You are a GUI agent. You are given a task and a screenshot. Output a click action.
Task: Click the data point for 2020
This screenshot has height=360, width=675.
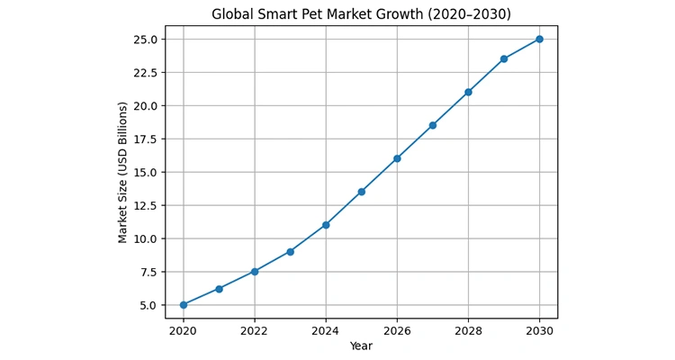click(184, 305)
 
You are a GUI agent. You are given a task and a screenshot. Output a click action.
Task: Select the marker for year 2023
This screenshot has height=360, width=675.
click(290, 252)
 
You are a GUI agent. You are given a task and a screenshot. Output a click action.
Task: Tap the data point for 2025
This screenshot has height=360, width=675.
click(362, 192)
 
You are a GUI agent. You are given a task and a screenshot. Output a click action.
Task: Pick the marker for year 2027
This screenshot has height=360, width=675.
click(433, 125)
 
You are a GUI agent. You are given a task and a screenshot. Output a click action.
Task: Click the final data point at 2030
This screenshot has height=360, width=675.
click(540, 39)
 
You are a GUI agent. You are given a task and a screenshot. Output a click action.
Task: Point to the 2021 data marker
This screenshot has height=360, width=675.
click(219, 289)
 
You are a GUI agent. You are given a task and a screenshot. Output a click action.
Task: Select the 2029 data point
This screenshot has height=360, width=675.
click(504, 58)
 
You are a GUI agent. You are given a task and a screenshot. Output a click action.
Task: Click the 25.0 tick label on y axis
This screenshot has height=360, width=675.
click(145, 40)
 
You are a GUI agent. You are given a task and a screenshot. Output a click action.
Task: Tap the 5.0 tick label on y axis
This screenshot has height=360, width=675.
click(148, 305)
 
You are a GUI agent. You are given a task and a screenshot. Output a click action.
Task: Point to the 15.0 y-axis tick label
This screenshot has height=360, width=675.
click(145, 173)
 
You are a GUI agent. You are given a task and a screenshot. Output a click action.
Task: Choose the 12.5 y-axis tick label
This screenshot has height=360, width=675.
click(145, 205)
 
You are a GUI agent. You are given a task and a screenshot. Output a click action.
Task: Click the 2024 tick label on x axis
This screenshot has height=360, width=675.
click(326, 330)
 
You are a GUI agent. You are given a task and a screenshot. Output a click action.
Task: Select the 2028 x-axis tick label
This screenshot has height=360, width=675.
click(468, 330)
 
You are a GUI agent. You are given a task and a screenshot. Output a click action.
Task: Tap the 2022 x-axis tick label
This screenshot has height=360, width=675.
click(255, 330)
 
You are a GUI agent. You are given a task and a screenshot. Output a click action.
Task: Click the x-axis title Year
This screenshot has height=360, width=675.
click(361, 346)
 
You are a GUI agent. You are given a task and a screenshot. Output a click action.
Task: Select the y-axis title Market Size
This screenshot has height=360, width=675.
click(123, 172)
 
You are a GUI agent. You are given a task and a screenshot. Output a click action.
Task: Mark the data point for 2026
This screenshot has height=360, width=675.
click(397, 158)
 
